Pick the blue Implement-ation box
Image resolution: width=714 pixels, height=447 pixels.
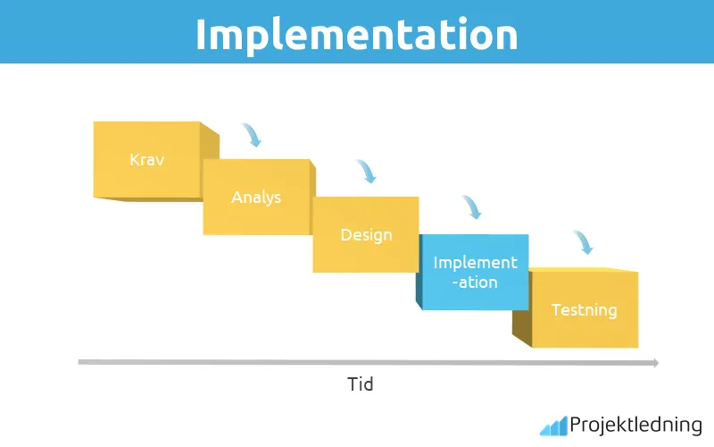(x=475, y=272)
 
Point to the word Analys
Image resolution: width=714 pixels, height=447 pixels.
(x=256, y=198)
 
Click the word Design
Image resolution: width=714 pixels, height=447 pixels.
(x=366, y=235)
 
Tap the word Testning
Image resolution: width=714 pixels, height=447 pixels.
(x=585, y=310)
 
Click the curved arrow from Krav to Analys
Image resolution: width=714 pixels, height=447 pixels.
(x=252, y=135)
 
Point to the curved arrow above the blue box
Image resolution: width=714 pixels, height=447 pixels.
(x=471, y=207)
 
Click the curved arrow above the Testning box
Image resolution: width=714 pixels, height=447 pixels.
(x=582, y=242)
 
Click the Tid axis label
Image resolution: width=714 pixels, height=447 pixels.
(x=360, y=385)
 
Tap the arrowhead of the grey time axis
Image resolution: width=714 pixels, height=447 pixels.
(x=654, y=362)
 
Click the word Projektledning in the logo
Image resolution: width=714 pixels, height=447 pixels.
(x=636, y=426)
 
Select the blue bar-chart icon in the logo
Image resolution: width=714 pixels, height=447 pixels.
(x=553, y=426)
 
